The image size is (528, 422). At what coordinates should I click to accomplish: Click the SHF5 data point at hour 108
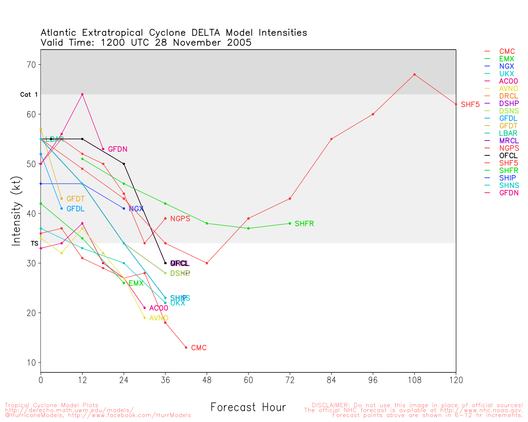click(415, 75)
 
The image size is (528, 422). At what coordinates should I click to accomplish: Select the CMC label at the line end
click(199, 348)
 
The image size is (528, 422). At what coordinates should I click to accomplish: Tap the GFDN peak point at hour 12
click(82, 94)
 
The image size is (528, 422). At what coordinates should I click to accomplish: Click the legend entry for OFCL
click(508, 156)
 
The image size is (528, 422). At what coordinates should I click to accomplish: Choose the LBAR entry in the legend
click(508, 134)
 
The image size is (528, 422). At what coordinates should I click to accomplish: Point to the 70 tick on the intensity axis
click(32, 65)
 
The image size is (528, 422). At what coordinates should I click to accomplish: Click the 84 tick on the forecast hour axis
click(331, 380)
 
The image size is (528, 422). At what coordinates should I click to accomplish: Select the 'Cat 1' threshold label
click(29, 95)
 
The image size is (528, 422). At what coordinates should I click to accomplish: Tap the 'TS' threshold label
click(34, 244)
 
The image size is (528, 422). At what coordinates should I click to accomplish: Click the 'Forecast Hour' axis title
click(248, 408)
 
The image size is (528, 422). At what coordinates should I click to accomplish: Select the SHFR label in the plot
click(304, 224)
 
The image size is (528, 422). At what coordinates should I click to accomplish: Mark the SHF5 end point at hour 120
click(456, 104)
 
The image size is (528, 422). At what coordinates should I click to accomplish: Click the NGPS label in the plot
click(180, 219)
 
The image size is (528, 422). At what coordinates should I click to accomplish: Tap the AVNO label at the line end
click(158, 318)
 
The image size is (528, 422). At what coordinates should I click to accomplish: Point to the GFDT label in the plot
click(75, 199)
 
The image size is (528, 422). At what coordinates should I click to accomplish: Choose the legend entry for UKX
click(506, 74)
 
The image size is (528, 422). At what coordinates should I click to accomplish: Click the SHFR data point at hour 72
click(290, 223)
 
